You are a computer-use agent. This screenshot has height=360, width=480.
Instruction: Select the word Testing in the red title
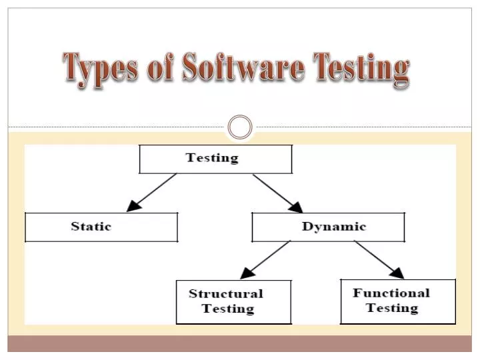360,69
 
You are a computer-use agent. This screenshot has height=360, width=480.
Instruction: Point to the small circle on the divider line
240,127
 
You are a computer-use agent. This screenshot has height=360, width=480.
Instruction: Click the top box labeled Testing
215,159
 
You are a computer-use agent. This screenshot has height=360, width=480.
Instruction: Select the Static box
101,227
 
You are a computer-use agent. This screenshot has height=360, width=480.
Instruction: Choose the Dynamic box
328,227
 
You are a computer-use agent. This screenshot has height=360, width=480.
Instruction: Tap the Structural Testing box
233,301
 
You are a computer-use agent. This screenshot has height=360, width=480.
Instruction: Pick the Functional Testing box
398,301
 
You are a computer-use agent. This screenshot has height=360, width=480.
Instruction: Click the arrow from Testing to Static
153,192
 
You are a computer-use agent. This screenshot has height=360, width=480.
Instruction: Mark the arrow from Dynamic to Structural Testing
265,259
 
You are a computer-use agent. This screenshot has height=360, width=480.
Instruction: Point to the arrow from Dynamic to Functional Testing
379,259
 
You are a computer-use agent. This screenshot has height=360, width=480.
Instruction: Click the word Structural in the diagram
225,293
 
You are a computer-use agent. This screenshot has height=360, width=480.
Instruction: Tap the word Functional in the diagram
391,293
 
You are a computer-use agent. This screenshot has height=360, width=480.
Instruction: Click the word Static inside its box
91,227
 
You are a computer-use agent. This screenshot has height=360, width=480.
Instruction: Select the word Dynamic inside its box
334,227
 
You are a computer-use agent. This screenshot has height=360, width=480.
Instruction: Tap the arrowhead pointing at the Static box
133,206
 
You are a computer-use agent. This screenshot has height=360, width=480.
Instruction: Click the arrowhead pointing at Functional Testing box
397,273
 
